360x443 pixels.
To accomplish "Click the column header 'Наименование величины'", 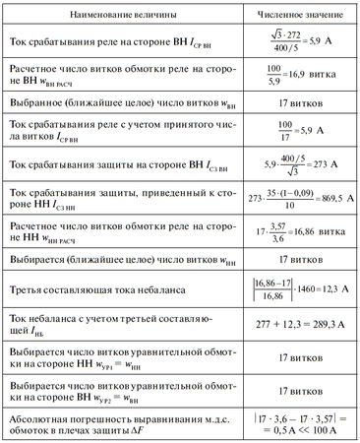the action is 119,15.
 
